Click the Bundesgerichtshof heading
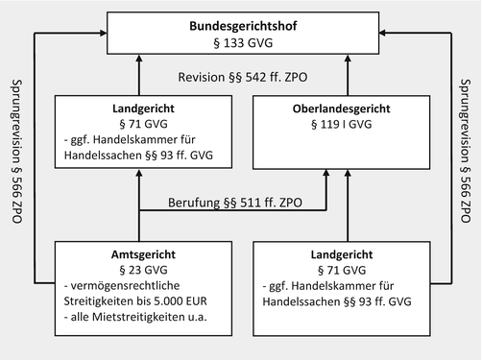[241, 28]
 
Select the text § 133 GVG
[241, 45]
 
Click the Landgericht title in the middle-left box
[138, 111]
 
